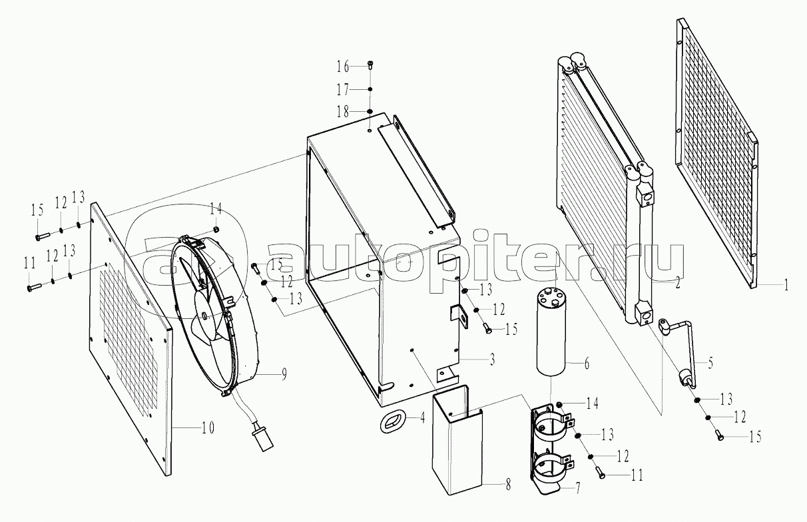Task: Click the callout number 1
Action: (x=786, y=286)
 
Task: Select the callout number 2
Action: (x=677, y=282)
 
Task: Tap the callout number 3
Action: (x=492, y=360)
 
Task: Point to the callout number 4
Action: (x=422, y=418)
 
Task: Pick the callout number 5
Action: (x=710, y=363)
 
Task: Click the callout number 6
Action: (x=587, y=364)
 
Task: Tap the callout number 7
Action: (x=577, y=489)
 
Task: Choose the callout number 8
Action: (x=508, y=485)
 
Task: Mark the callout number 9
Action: (x=284, y=375)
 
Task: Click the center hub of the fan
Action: (x=205, y=316)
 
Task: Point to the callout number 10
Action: (x=207, y=427)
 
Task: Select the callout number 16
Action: (x=343, y=67)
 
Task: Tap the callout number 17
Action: (x=343, y=90)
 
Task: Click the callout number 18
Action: (x=343, y=112)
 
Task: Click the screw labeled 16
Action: (x=370, y=66)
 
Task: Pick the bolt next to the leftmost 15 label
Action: (x=43, y=236)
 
